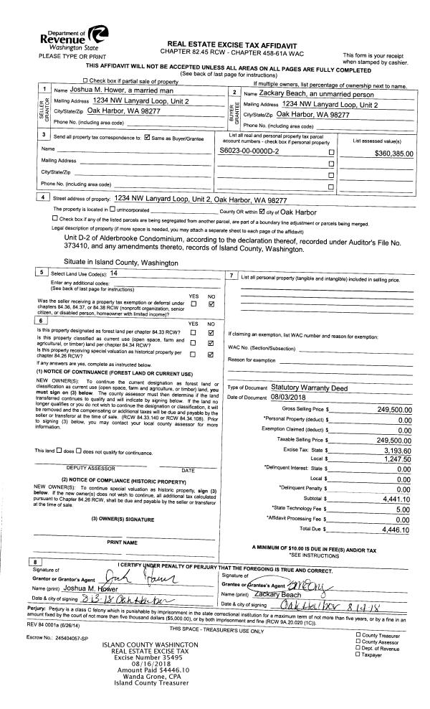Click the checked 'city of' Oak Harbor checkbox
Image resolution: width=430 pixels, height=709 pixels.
262,212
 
